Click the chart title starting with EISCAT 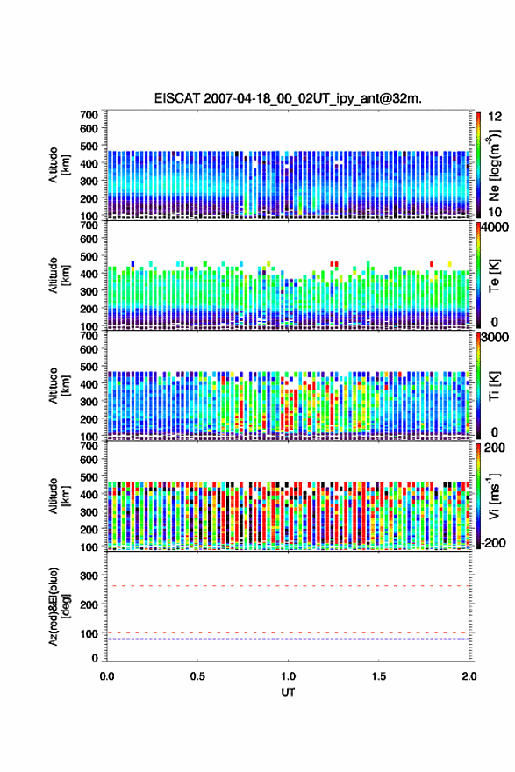tap(288, 98)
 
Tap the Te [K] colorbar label tap(494, 275)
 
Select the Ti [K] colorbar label tap(494, 385)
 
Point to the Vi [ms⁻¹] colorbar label tap(494, 496)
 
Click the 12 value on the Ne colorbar tap(495, 117)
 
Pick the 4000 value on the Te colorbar tap(495, 227)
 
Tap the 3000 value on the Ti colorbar tap(495, 337)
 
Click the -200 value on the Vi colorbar tap(492, 542)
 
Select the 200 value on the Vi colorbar tap(495, 447)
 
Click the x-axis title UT tap(288, 692)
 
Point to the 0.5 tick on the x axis tap(197, 676)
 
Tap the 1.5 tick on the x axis tap(379, 676)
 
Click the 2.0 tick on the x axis tap(469, 676)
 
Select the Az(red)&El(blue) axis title tap(58, 606)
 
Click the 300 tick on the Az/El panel tap(89, 575)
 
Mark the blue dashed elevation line tap(288, 639)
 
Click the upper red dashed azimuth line tap(288, 586)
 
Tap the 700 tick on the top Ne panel tap(89, 115)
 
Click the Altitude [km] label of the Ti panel tap(58, 385)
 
